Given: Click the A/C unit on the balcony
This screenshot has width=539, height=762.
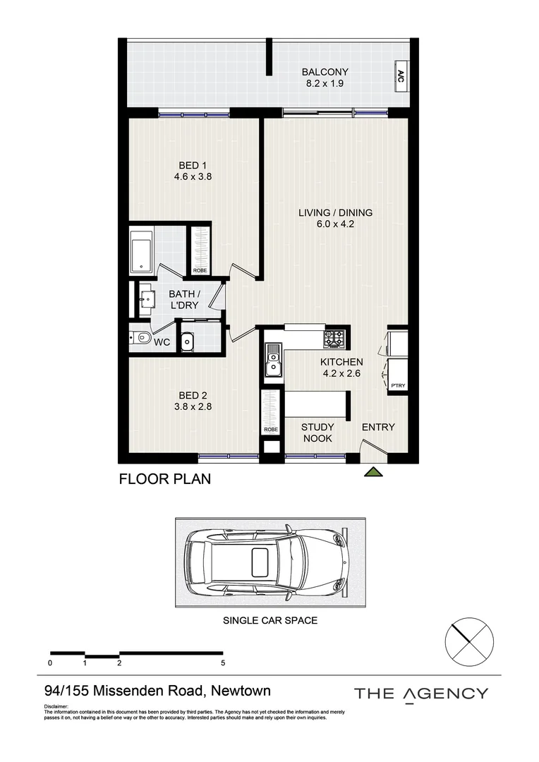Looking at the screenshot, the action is pyautogui.click(x=401, y=75).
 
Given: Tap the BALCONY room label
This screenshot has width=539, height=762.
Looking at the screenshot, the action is pyautogui.click(x=325, y=72).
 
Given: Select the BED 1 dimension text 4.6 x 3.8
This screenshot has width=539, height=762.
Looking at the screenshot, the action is pyautogui.click(x=193, y=177).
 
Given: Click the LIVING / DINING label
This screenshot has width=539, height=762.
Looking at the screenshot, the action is pyautogui.click(x=335, y=212).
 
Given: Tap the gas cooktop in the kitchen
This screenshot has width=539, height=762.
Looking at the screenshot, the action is pyautogui.click(x=335, y=339).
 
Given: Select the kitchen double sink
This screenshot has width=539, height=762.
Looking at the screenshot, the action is pyautogui.click(x=272, y=360).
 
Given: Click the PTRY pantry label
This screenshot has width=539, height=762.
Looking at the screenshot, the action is pyautogui.click(x=398, y=386).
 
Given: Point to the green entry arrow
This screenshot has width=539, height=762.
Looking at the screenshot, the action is pyautogui.click(x=374, y=471).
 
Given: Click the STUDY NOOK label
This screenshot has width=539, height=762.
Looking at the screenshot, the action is pyautogui.click(x=317, y=433).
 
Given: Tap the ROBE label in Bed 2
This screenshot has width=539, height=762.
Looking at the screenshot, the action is pyautogui.click(x=271, y=430).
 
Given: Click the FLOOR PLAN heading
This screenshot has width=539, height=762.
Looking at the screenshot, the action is pyautogui.click(x=165, y=479).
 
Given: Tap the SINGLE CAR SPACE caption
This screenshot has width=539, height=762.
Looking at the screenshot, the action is pyautogui.click(x=270, y=620).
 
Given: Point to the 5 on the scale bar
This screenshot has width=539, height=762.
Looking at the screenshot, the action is pyautogui.click(x=223, y=663).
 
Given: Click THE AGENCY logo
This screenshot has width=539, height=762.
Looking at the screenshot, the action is pyautogui.click(x=421, y=694).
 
